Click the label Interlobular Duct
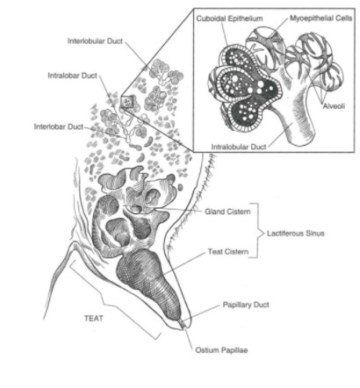(x=95, y=41)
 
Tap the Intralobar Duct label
(x=72, y=75)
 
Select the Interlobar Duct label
(x=59, y=126)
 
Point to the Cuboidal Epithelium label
(x=229, y=18)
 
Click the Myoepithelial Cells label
(x=321, y=18)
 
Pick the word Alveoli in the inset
(x=334, y=106)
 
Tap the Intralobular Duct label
(x=239, y=147)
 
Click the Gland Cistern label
(x=227, y=212)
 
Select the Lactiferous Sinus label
(x=296, y=234)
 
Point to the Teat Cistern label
(x=228, y=251)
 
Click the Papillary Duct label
(x=246, y=305)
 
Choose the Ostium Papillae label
(x=221, y=350)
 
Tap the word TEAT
(x=94, y=318)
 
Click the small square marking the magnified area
(x=127, y=103)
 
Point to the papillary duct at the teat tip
(x=184, y=324)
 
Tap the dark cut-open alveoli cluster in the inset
(x=245, y=90)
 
